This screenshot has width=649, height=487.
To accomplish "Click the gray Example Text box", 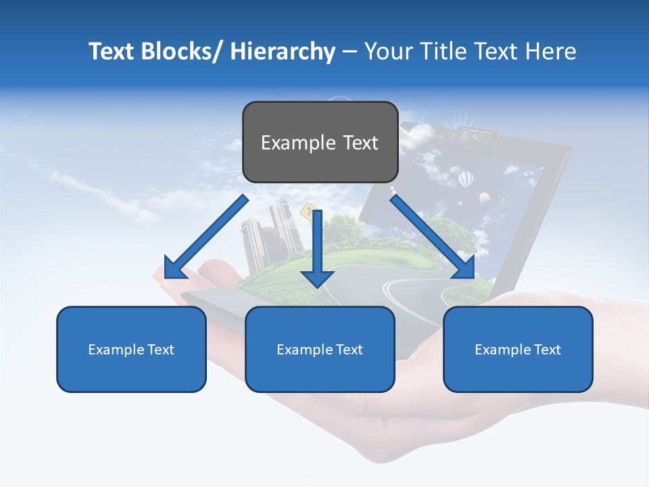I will [320, 142].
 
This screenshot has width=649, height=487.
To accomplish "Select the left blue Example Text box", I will [131, 349].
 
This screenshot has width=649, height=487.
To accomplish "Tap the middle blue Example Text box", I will [320, 349].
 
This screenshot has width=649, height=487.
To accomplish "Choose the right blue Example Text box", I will [518, 349].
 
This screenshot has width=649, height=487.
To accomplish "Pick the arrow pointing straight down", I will [317, 250].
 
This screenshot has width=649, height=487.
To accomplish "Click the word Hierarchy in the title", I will [283, 51].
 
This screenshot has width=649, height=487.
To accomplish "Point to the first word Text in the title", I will [112, 51].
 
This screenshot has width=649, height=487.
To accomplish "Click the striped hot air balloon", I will [466, 180].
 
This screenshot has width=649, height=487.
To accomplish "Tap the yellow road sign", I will [310, 212].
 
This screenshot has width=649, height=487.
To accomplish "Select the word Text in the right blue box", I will [548, 349].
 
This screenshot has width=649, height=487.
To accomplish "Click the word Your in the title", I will [388, 51].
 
